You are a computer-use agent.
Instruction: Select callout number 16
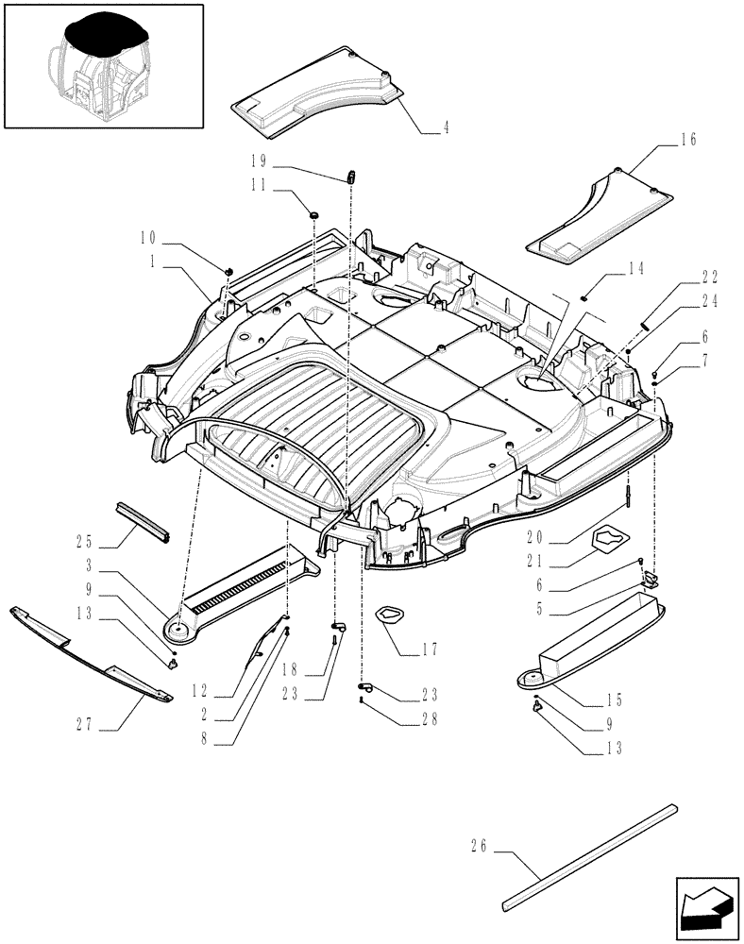tap(687, 140)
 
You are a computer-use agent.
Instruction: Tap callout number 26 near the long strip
tap(477, 847)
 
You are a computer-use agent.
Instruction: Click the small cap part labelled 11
tap(311, 211)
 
